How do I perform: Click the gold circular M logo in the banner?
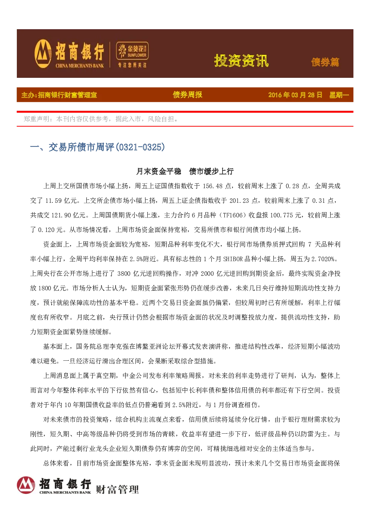click(x=43, y=54)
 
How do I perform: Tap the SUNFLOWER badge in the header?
click(x=132, y=51)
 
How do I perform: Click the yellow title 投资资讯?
click(x=241, y=61)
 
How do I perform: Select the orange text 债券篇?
click(x=325, y=62)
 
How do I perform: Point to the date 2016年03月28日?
click(x=295, y=95)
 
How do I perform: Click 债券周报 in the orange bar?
click(x=187, y=95)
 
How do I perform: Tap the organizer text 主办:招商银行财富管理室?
click(x=59, y=95)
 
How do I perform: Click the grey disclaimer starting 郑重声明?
click(x=101, y=119)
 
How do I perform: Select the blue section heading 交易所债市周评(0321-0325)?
click(x=98, y=147)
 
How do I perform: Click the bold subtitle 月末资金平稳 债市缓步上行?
click(x=185, y=171)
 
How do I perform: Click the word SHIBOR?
click(x=233, y=259)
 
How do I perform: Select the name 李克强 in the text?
click(x=119, y=347)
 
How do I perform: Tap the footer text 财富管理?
click(x=117, y=489)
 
